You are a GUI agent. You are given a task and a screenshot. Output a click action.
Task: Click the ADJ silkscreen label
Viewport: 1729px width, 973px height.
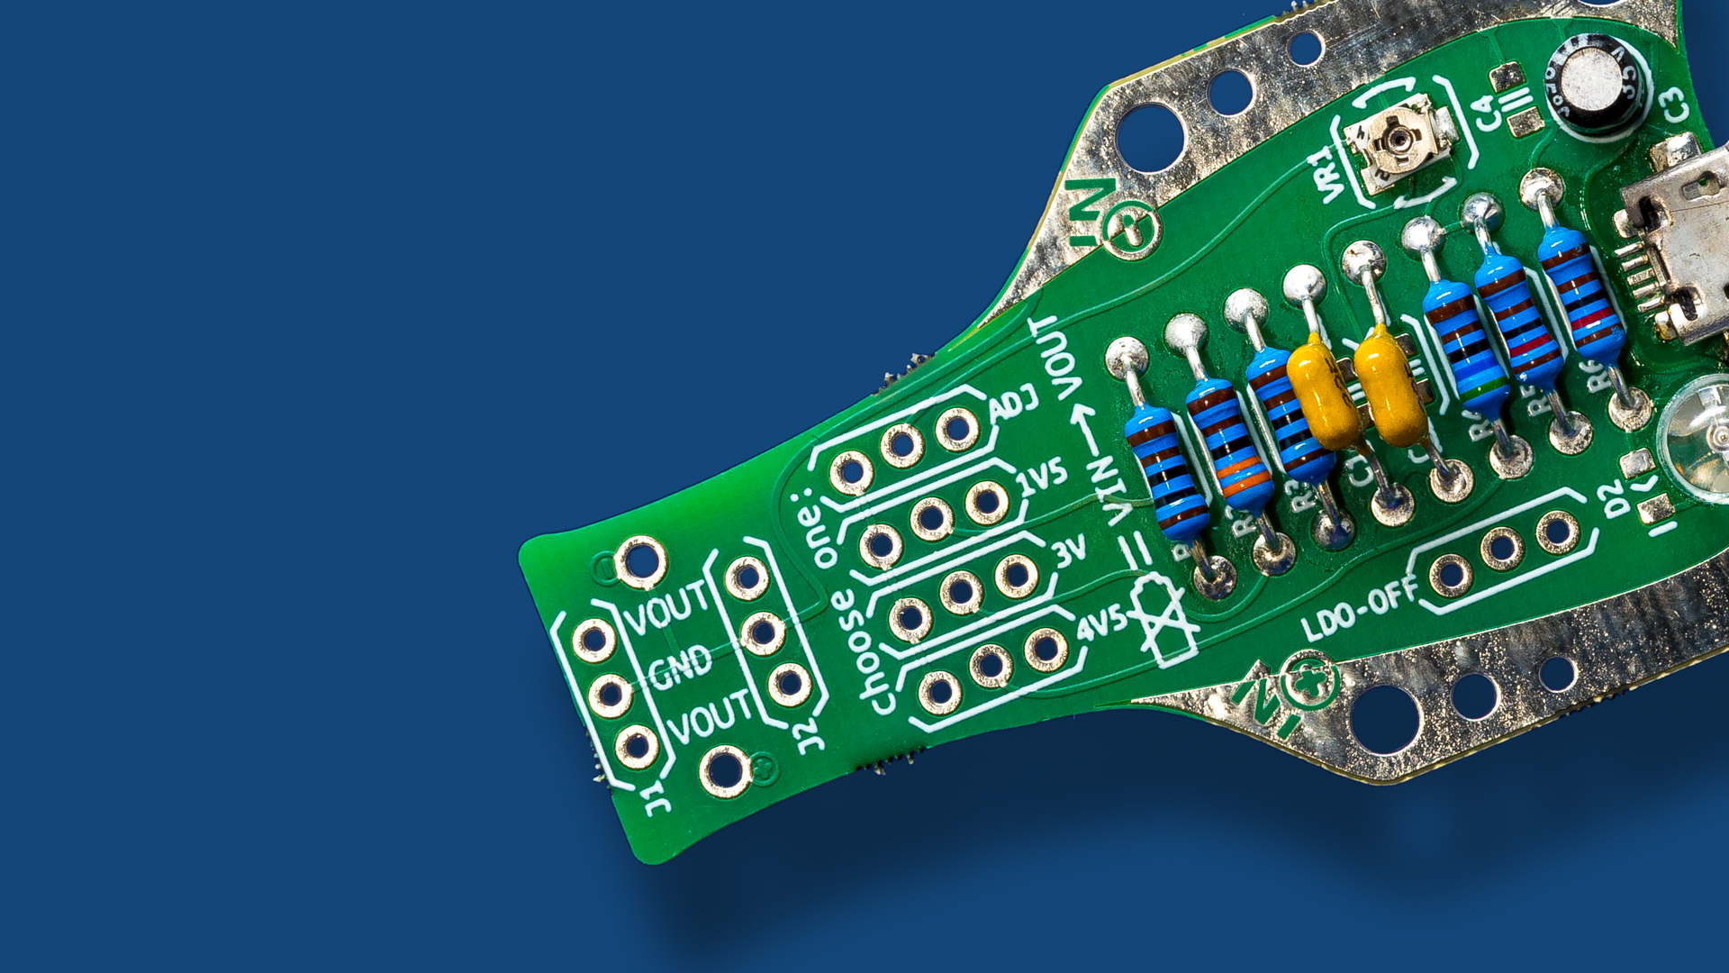coord(1015,405)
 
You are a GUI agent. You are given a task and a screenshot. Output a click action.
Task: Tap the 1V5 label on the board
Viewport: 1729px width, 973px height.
coord(1043,477)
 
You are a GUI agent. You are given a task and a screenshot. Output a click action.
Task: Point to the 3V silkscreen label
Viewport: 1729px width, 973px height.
coord(1070,551)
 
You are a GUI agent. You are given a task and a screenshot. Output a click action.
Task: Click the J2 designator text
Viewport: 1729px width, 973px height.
coord(810,733)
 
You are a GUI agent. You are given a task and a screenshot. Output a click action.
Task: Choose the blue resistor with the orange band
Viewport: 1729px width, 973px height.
coord(1229,447)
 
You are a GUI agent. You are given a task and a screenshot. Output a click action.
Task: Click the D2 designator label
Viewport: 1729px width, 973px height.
coord(1615,497)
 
